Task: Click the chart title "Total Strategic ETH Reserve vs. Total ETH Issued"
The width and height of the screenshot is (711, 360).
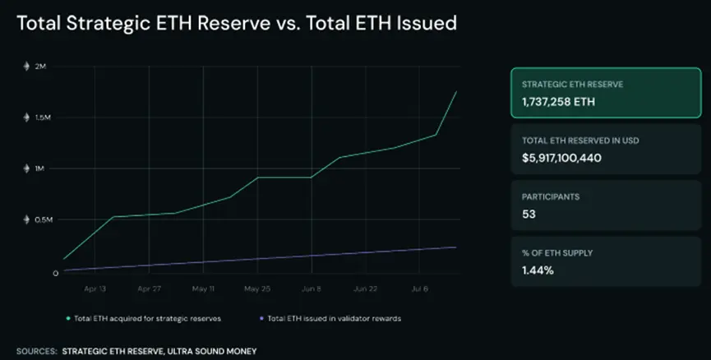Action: coord(237,24)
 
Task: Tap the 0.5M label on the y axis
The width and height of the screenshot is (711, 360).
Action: coord(44,219)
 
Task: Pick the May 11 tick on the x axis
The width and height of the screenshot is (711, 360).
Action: coord(203,288)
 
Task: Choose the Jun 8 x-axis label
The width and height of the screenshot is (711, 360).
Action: coord(312,288)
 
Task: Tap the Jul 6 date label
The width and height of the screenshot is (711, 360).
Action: coord(420,288)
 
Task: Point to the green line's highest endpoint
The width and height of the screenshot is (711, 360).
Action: coord(456,91)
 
